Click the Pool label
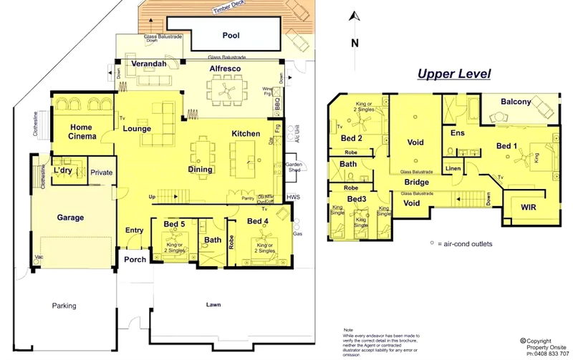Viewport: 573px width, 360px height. tap(231, 34)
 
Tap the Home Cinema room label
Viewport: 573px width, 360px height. tap(82, 131)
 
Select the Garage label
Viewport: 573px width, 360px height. tap(70, 218)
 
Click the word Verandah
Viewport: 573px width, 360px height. tap(149, 64)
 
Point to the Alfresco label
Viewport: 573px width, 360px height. tap(224, 69)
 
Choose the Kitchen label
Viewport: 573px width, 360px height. tap(246, 134)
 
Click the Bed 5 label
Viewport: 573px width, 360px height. tap(174, 224)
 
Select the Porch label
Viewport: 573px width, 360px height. tap(135, 260)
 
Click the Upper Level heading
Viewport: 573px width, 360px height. tap(454, 74)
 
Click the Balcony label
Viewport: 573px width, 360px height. tap(516, 102)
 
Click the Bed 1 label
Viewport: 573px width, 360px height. tap(506, 146)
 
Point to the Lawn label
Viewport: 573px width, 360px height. tap(214, 304)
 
